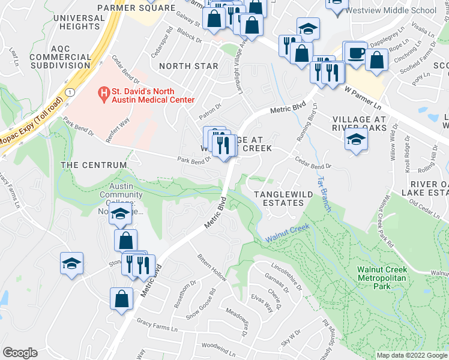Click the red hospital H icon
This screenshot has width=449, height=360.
tap(104, 93)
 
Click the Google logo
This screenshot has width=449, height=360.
tap(19, 353)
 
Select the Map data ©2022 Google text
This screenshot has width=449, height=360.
tap(411, 355)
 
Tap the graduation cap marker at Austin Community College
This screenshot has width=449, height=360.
tap(120, 215)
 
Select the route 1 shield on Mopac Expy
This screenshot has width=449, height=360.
tap(70, 92)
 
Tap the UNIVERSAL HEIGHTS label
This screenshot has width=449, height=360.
tap(79, 22)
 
